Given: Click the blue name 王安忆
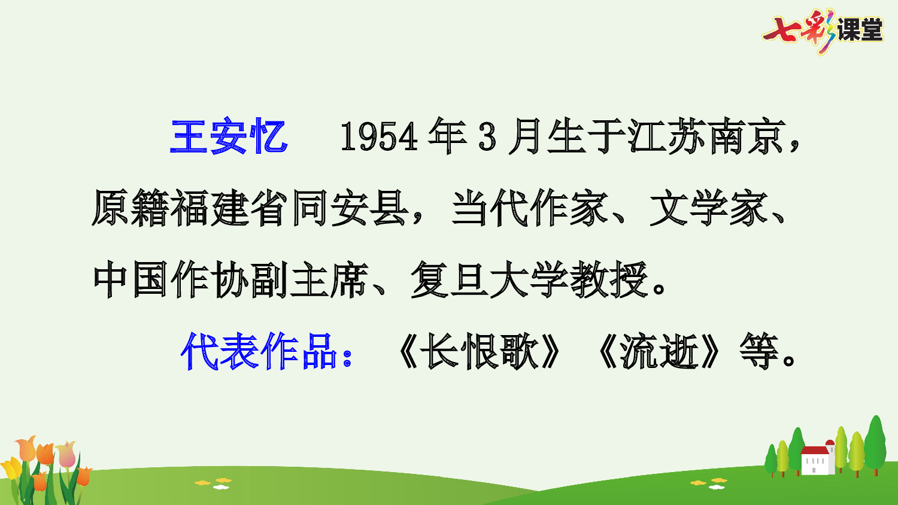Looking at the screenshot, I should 229,137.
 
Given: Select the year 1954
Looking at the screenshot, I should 378,137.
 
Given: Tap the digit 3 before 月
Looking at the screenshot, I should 487,137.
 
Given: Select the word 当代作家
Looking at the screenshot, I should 529,208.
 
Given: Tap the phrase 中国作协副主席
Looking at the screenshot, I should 230,280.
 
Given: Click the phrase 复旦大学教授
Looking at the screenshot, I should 529,280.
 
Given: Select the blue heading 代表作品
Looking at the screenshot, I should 259,351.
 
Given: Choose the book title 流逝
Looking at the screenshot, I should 659,351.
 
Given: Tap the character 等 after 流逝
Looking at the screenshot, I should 759,351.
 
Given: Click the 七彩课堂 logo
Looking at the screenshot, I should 823,30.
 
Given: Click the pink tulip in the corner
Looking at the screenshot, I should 66,454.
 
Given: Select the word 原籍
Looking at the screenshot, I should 131,208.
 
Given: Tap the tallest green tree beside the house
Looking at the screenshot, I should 875,443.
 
